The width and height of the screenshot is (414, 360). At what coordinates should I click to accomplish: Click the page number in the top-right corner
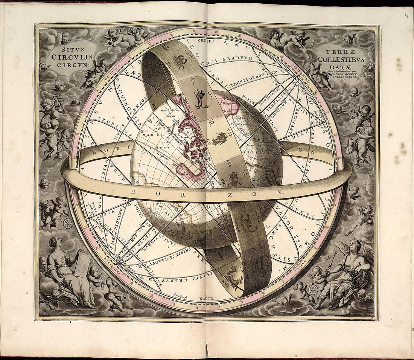coord(406,15)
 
